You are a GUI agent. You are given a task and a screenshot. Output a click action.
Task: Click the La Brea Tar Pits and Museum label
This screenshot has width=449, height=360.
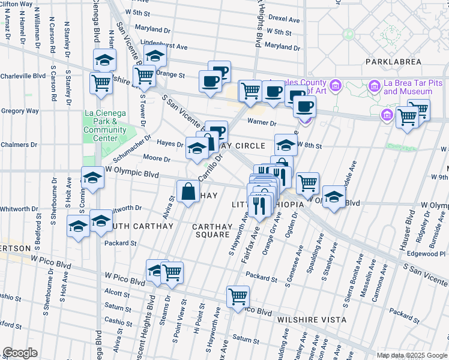point(408,87)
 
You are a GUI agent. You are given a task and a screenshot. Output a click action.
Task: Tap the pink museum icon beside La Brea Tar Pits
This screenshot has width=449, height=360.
point(376,87)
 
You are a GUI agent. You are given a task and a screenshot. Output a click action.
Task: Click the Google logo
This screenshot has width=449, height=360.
point(20,353)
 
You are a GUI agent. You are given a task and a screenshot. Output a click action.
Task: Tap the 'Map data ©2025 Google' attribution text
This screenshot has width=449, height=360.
point(411,355)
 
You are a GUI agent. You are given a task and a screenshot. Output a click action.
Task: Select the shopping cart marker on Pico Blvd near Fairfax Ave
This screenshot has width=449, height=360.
point(238,296)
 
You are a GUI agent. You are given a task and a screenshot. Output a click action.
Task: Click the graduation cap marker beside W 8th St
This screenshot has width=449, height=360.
point(286,144)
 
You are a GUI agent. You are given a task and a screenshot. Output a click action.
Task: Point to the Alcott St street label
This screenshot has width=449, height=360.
point(118,293)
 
